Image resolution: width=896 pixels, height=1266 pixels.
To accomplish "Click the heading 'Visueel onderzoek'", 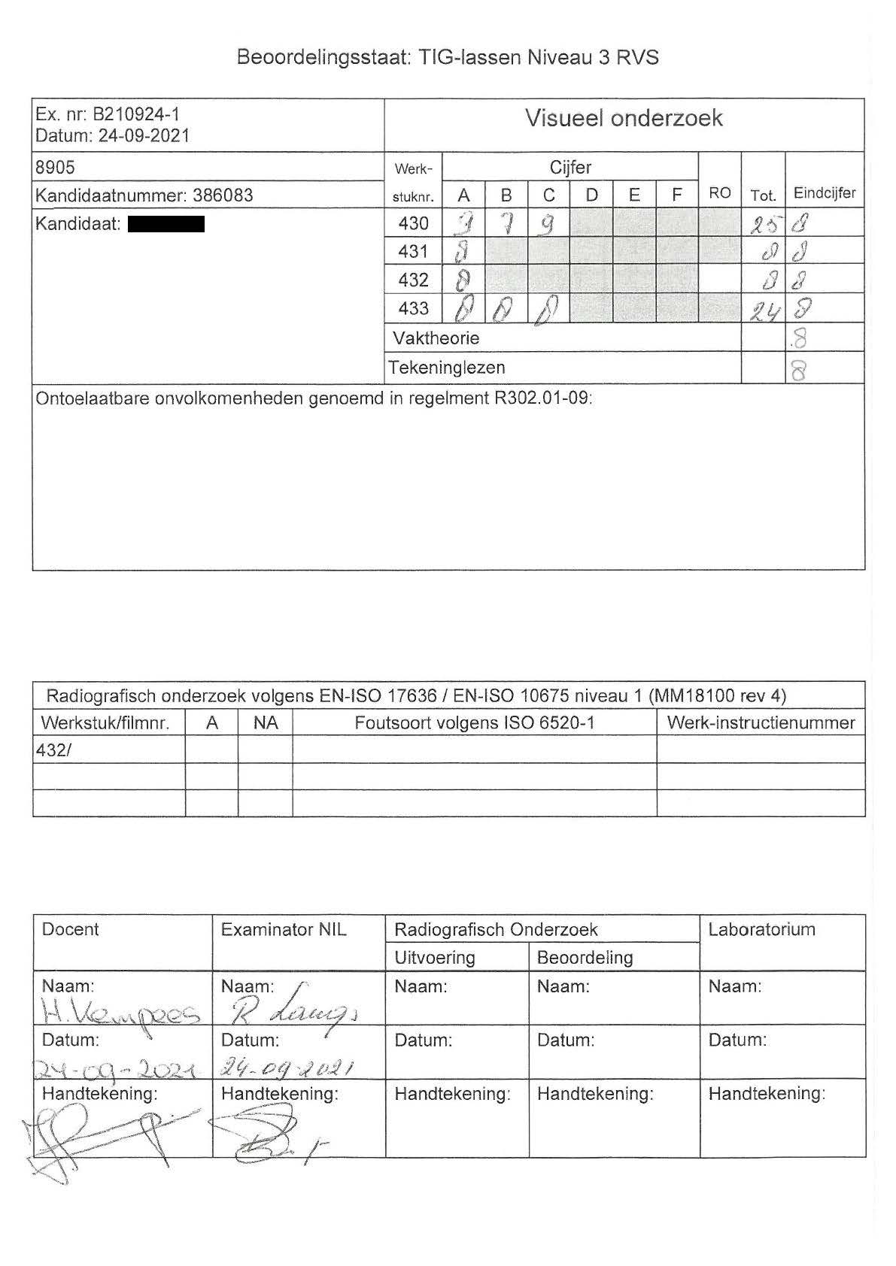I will click(624, 118).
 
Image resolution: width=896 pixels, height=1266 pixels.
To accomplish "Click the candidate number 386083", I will click(223, 195).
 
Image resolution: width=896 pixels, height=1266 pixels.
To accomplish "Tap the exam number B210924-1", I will click(135, 115).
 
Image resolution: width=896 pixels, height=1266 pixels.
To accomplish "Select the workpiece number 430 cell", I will click(413, 223).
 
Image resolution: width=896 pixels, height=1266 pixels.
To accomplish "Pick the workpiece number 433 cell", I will click(413, 308).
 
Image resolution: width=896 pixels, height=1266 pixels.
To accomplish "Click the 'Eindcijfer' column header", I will click(825, 193).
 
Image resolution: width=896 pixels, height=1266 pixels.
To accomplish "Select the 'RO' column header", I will click(720, 193).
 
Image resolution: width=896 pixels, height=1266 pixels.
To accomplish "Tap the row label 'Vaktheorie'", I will click(436, 338).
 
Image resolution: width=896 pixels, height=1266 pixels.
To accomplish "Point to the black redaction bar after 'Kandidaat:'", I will click(166, 223).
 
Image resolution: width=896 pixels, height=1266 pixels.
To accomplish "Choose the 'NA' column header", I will click(266, 723).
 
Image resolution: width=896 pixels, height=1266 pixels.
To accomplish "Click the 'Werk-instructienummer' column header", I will click(761, 723).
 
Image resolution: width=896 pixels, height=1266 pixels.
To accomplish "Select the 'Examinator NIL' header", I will click(284, 930).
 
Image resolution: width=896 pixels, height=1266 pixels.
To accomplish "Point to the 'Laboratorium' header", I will click(761, 930).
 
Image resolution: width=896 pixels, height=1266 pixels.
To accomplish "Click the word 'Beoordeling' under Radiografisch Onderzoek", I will click(585, 958).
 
